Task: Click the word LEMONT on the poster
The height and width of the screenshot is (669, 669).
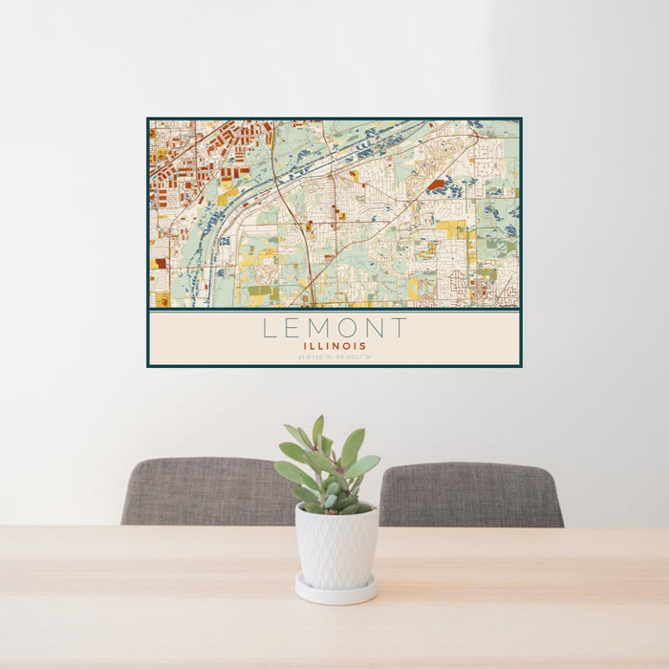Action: pos(334,329)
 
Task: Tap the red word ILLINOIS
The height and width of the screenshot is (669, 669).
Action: pos(334,346)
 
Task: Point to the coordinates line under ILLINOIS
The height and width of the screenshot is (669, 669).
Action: pos(334,357)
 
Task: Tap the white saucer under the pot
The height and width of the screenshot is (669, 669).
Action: pos(335,592)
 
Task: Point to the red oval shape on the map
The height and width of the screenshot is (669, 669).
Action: pos(436,184)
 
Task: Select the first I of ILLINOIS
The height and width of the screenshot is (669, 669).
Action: pos(304,346)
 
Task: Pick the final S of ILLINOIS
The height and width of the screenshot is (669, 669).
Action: pos(364,346)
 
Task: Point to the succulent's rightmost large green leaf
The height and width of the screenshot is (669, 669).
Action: pos(364,465)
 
